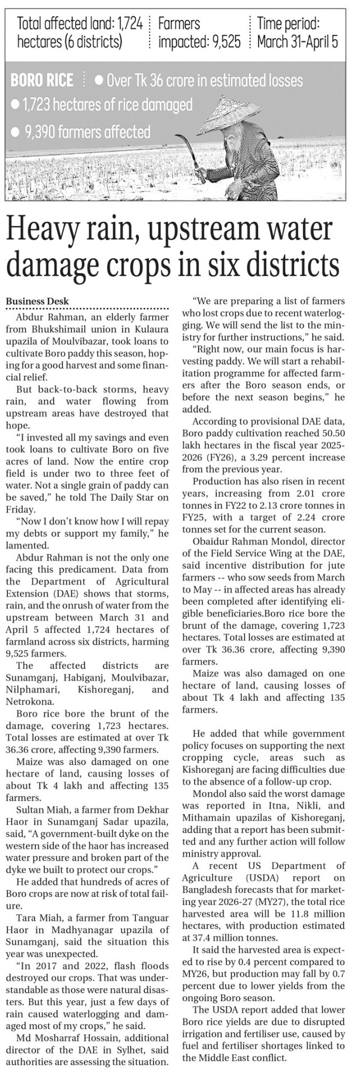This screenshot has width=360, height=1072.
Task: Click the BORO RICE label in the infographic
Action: tap(42, 81)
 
